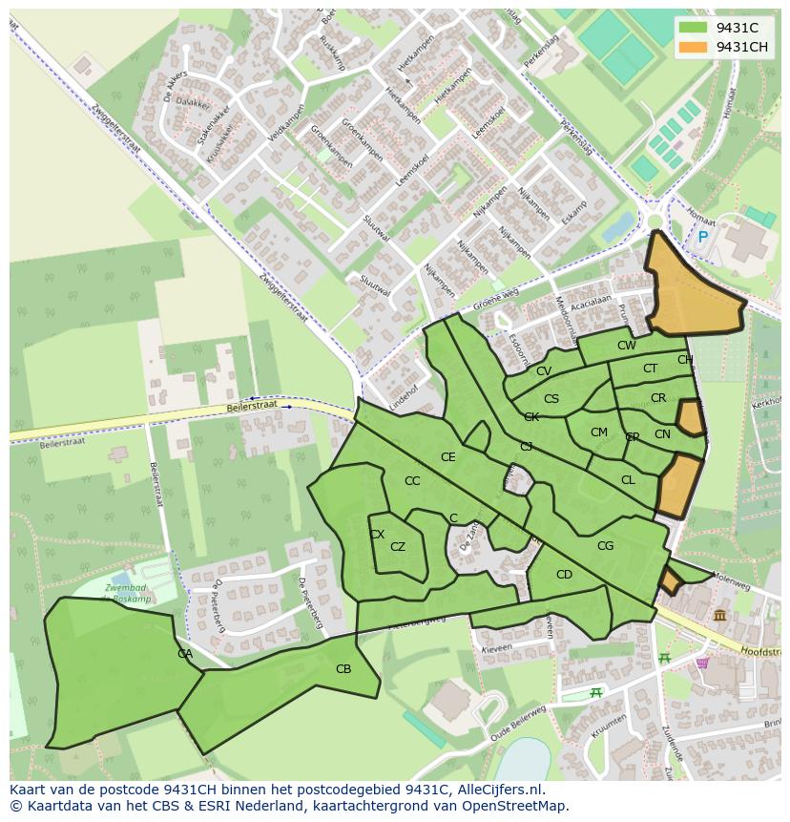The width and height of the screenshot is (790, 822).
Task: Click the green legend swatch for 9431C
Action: click(x=694, y=29)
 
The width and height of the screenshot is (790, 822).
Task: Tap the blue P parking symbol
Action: click(x=703, y=237)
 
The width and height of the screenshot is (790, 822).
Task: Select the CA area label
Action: click(x=185, y=654)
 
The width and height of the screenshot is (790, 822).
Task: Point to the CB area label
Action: click(x=343, y=669)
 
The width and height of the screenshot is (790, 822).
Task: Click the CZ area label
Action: click(x=398, y=547)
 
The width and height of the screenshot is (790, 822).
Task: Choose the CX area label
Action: click(x=377, y=535)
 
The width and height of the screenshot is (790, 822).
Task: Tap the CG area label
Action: click(x=605, y=546)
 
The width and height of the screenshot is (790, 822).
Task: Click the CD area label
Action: click(x=564, y=575)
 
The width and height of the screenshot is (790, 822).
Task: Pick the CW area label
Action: click(x=626, y=346)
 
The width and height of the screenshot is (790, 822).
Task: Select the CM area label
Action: click(x=598, y=432)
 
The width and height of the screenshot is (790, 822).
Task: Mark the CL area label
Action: click(x=628, y=480)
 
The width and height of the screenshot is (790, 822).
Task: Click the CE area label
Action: click(x=447, y=457)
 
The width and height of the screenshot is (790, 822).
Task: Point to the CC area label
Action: click(x=412, y=481)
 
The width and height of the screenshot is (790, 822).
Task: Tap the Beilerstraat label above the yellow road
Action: click(x=253, y=406)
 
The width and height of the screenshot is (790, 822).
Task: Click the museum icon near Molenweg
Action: click(x=718, y=616)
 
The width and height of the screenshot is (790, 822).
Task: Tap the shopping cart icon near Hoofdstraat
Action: click(x=703, y=663)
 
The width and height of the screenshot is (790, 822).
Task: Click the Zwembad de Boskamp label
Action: click(x=130, y=593)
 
